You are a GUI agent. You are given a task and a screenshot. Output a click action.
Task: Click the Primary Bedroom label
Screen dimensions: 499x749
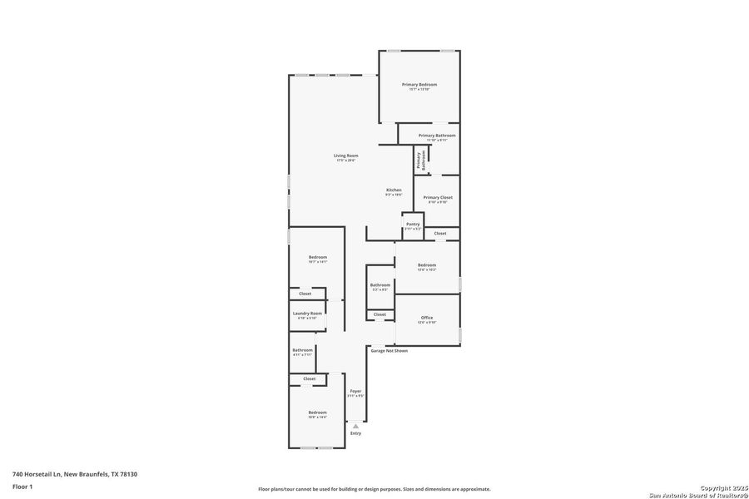pos(419,85)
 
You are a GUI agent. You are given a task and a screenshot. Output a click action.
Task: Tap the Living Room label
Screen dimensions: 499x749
pos(346,156)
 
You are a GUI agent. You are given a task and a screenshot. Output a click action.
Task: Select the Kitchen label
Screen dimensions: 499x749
pos(394,190)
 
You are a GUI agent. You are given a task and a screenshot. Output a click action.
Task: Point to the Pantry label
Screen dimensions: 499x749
pos(413,225)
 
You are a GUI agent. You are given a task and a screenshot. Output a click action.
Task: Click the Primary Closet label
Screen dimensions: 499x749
pos(438,198)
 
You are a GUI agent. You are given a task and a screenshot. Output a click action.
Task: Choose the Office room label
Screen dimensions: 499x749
pos(427,319)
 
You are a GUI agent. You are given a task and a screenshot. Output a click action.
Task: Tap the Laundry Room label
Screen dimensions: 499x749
pos(307,314)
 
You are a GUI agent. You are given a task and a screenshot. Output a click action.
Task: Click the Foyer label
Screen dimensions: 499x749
pos(355,392)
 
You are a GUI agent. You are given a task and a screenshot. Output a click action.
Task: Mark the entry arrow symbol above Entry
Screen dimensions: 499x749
pos(355,426)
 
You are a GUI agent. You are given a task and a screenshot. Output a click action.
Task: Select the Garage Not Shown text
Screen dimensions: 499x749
pos(389,351)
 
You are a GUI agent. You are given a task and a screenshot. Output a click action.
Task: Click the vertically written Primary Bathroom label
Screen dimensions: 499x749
pos(419,160)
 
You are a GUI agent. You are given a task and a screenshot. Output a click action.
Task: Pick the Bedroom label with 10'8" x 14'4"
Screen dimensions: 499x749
pos(318,413)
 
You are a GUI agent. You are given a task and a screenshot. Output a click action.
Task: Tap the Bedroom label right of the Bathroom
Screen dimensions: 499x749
pos(427,265)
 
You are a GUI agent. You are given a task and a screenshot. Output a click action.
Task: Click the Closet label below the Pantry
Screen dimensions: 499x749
pos(440,234)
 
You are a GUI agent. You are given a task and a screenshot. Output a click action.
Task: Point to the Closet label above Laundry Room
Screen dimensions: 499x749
pos(305,294)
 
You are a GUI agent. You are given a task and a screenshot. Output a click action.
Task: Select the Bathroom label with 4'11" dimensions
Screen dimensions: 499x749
pos(302,350)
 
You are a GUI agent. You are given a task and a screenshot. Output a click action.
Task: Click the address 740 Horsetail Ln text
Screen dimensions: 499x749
pos(75,474)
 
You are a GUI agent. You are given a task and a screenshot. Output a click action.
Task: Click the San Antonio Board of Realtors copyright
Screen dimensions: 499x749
pos(699,492)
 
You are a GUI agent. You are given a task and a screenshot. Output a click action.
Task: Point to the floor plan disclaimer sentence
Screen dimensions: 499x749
pos(374,489)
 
